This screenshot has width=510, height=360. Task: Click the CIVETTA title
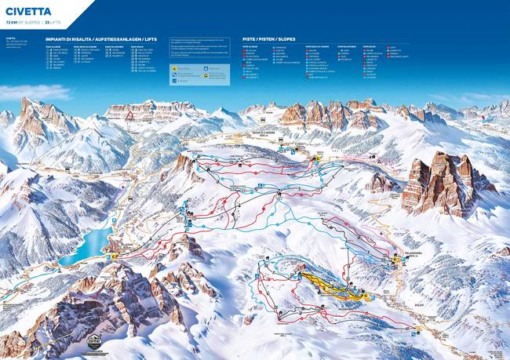tap(27, 11)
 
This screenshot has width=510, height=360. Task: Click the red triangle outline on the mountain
tap(129, 116)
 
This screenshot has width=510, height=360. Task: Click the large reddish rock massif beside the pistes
tap(443, 184)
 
